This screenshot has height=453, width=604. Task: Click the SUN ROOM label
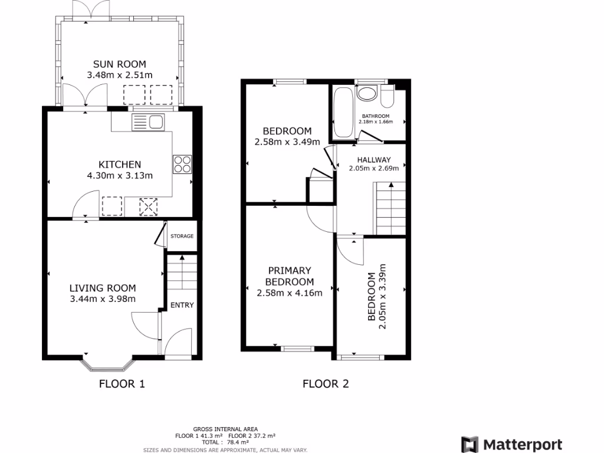tap(120, 64)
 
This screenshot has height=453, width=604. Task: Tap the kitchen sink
tap(149, 122)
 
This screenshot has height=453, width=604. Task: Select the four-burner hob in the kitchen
tap(182, 164)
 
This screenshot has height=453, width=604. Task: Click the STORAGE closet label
tap(182, 236)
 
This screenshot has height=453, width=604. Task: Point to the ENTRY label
tap(182, 305)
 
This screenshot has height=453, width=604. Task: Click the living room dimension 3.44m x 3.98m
tap(103, 299)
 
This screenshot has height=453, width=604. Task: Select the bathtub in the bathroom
tap(343, 113)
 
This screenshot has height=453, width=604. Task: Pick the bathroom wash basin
tap(367, 94)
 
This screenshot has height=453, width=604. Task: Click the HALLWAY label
tap(374, 160)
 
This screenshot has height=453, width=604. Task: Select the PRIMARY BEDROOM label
tap(289, 276)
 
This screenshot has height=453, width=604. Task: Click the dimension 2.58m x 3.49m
tap(287, 142)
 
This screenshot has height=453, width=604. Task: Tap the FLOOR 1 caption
tap(122, 384)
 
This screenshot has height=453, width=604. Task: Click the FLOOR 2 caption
tap(326, 384)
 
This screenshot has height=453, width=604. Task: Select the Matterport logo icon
tap(470, 444)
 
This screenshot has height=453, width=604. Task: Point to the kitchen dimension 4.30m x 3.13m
tap(120, 175)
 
